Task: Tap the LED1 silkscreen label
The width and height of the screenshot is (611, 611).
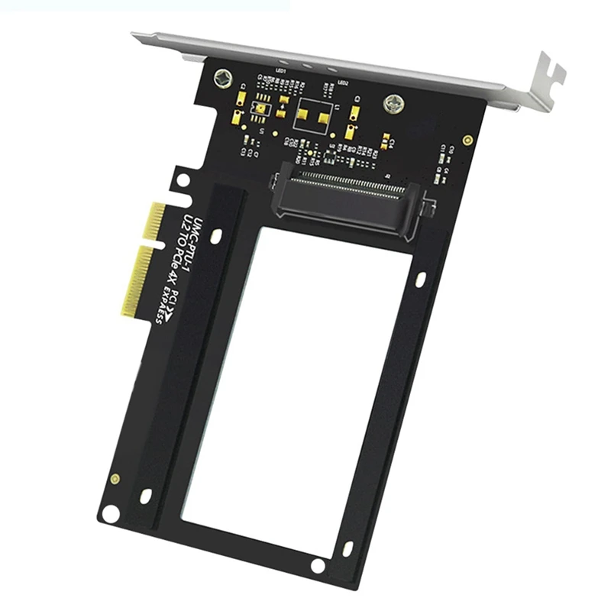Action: click(x=280, y=70)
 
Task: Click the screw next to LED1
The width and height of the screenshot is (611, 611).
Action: click(x=223, y=77)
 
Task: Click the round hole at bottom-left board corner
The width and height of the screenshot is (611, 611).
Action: click(x=112, y=514)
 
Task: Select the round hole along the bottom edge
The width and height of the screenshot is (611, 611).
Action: click(x=317, y=565)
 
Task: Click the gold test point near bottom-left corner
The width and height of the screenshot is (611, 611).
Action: click(x=115, y=479)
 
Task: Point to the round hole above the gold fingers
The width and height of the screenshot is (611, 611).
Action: click(x=183, y=181)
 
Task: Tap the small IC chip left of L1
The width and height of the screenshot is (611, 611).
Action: click(x=262, y=111)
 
